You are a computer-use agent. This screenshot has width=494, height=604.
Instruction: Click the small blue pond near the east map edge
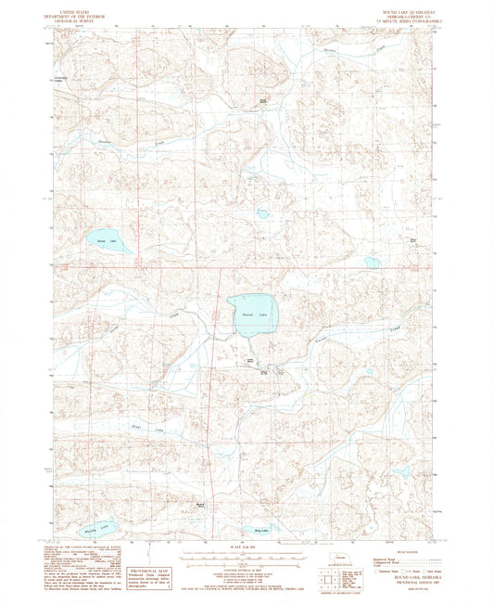tap(372, 263)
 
